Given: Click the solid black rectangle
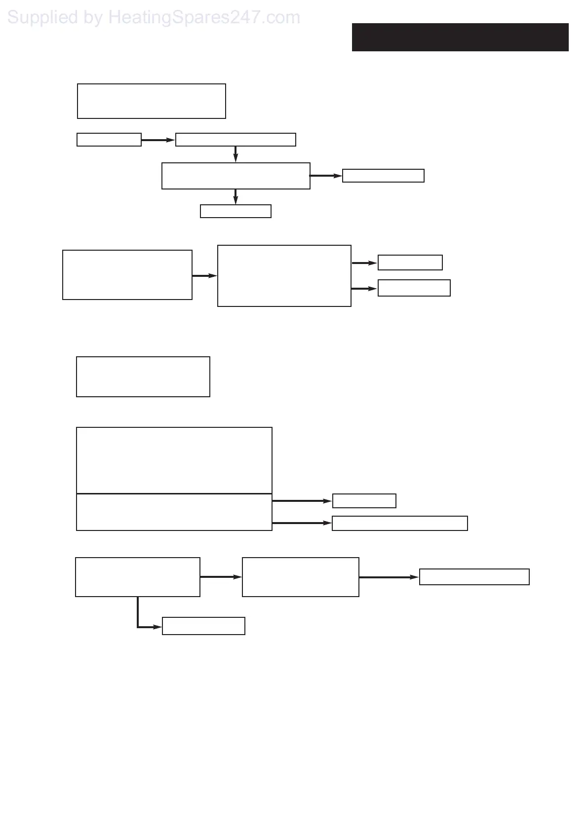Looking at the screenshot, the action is pyautogui.click(x=460, y=37).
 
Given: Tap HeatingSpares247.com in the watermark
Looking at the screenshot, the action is pyautogui.click(x=204, y=18).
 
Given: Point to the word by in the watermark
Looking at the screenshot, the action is pyautogui.click(x=93, y=18).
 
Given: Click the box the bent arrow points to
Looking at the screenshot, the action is pyautogui.click(x=203, y=626).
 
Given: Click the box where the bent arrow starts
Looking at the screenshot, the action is pyautogui.click(x=137, y=577).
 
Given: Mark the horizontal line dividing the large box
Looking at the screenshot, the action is pyautogui.click(x=174, y=493).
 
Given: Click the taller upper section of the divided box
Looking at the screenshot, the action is pyautogui.click(x=174, y=460).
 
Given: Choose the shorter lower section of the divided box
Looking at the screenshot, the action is pyautogui.click(x=174, y=512).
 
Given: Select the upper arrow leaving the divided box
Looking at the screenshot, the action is pyautogui.click(x=302, y=501).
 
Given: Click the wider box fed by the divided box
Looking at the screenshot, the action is pyautogui.click(x=399, y=523).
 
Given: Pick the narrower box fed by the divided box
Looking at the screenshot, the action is pyautogui.click(x=364, y=501).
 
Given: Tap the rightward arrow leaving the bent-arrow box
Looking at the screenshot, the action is pyautogui.click(x=220, y=577).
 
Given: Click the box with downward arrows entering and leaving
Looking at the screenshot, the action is pyautogui.click(x=235, y=176).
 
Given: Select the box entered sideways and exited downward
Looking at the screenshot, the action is pyautogui.click(x=235, y=140).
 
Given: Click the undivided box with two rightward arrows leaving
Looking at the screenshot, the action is pyautogui.click(x=284, y=276).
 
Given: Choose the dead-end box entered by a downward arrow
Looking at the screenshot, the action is pyautogui.click(x=235, y=211).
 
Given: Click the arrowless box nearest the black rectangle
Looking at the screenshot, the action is pyautogui.click(x=151, y=101).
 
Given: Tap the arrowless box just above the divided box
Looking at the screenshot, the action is pyautogui.click(x=143, y=377).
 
